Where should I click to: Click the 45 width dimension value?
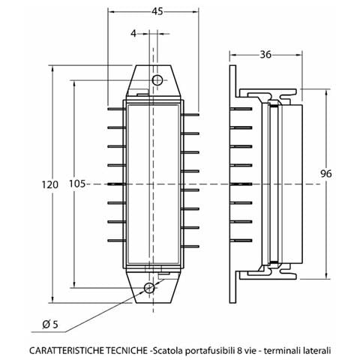click(x=157, y=11)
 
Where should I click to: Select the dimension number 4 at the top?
click(x=133, y=34)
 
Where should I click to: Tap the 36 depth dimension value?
click(x=265, y=55)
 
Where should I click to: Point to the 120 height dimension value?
click(x=49, y=184)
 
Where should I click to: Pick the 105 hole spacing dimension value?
click(x=77, y=184)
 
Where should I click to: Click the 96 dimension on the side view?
click(x=326, y=173)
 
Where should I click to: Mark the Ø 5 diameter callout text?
click(x=50, y=325)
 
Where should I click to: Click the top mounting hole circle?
click(x=157, y=80)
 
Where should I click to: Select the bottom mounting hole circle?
click(x=149, y=288)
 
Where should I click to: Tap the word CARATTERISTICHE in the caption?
click(x=67, y=350)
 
